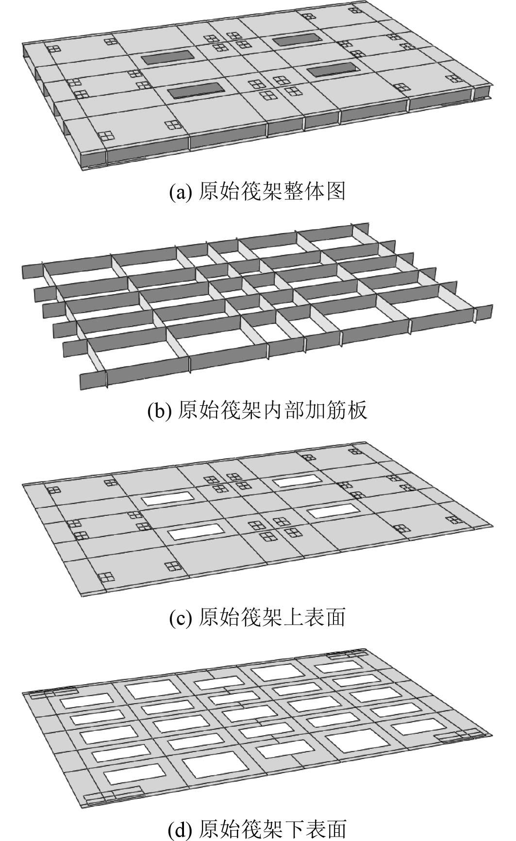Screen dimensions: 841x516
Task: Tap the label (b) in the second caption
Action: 160,411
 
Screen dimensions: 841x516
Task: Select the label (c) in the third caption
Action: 182,618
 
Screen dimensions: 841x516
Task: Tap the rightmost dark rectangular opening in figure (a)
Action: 333,72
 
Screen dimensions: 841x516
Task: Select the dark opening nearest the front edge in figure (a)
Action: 196,90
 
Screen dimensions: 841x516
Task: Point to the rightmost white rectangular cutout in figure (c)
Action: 333,511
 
